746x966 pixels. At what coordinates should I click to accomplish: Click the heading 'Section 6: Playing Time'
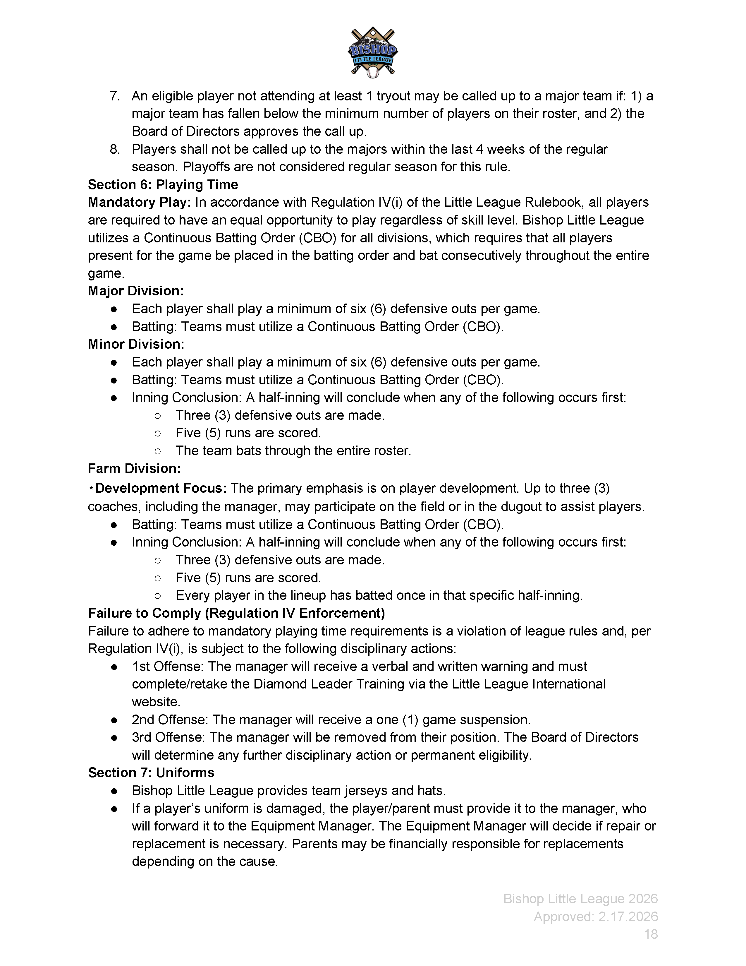[x=163, y=184]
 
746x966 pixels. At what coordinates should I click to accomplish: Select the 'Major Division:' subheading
[x=136, y=291]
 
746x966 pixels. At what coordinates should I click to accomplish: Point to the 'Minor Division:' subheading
[x=136, y=344]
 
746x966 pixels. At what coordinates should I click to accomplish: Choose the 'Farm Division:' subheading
[x=134, y=468]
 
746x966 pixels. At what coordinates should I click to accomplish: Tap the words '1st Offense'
[x=168, y=667]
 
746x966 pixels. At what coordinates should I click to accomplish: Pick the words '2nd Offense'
[x=169, y=720]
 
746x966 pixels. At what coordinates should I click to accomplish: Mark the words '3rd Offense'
[x=168, y=737]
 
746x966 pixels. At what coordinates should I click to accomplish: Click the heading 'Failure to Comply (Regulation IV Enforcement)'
[x=236, y=613]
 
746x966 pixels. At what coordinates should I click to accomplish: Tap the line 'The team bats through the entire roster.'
[x=293, y=451]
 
